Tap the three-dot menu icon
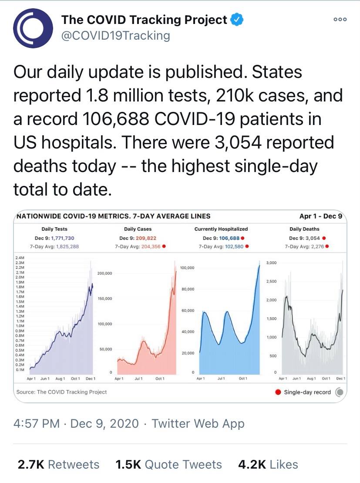(x=340, y=20)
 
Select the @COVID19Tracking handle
(x=115, y=35)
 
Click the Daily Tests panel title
(x=54, y=229)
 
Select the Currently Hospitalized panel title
(x=221, y=229)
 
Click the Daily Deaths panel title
(x=304, y=229)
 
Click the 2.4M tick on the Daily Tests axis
(x=20, y=258)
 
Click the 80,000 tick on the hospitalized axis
(x=187, y=289)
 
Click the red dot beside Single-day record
(x=278, y=392)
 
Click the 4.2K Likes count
(x=268, y=464)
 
